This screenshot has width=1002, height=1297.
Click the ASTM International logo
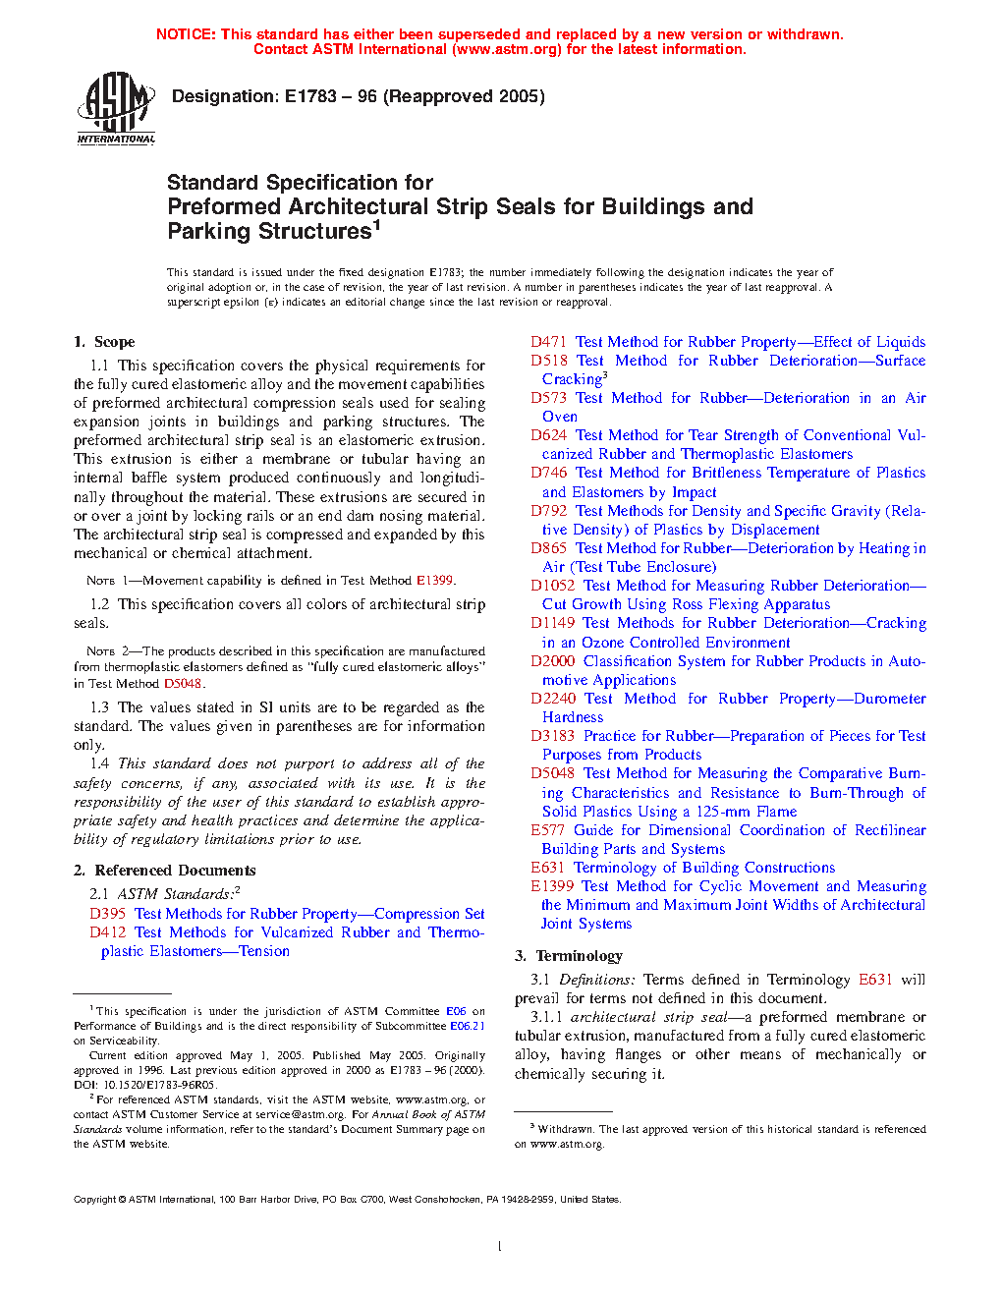(x=116, y=108)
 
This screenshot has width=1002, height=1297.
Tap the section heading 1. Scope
(x=104, y=342)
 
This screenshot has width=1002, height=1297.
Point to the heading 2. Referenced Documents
(x=165, y=871)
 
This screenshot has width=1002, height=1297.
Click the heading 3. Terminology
(x=569, y=956)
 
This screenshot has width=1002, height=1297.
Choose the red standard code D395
(x=107, y=914)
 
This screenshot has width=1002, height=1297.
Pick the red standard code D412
(x=107, y=932)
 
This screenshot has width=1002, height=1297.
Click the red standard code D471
(x=548, y=342)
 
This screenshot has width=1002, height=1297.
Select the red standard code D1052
(x=552, y=586)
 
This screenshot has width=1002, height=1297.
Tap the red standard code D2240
(x=553, y=699)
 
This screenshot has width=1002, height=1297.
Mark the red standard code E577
(x=547, y=830)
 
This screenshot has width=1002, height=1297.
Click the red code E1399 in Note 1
(x=434, y=581)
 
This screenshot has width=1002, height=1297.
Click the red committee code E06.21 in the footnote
(x=468, y=1026)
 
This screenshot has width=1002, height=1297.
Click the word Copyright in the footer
(x=95, y=1200)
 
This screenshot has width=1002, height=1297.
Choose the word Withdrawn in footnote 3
(x=565, y=1130)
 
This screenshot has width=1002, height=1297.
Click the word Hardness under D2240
(x=573, y=717)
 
